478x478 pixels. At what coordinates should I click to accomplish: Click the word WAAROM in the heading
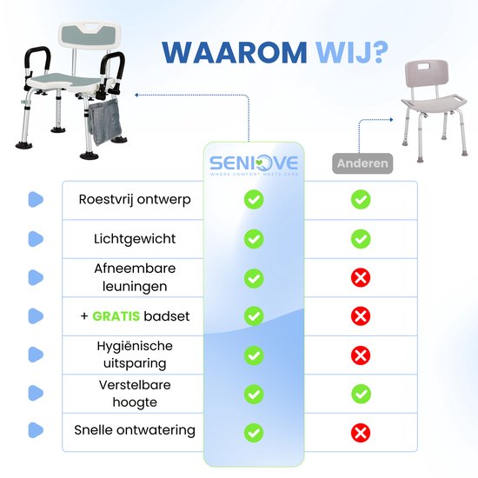234,52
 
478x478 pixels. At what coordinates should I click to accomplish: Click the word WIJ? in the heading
348,52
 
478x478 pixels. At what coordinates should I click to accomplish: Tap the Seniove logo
254,165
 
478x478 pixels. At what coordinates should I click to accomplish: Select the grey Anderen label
362,163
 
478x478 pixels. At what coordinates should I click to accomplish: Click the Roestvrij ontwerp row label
135,200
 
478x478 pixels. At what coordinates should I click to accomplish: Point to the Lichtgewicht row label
135,239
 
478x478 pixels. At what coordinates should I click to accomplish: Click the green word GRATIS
116,316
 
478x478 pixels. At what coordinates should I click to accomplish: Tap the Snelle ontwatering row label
135,430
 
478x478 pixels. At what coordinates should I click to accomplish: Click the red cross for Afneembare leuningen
361,278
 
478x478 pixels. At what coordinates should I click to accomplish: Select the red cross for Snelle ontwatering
361,433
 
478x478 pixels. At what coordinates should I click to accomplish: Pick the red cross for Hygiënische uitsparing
361,355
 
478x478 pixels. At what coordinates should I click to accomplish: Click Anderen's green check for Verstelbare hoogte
361,394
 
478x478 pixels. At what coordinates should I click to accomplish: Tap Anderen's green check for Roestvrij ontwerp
361,199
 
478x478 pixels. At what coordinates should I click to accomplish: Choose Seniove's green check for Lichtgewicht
254,239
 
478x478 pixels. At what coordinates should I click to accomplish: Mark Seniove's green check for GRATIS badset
254,316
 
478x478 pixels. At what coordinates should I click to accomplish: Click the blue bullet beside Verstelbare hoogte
36,393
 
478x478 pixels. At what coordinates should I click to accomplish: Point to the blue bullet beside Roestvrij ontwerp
36,200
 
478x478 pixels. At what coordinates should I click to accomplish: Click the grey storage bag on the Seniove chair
105,122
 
